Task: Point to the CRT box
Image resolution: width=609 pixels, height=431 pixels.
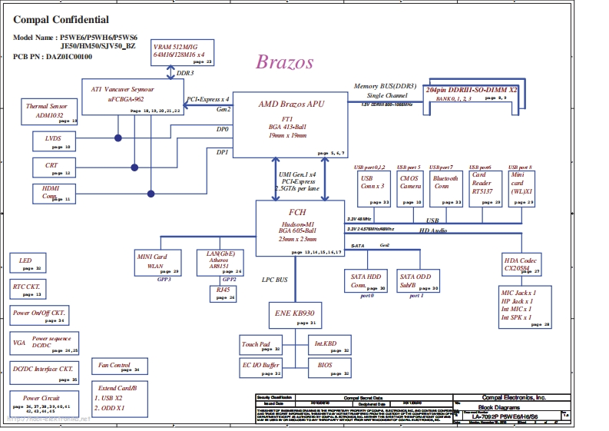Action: click(x=54, y=167)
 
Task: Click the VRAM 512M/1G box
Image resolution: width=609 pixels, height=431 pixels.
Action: click(x=182, y=52)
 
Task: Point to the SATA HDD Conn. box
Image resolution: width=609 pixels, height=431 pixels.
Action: click(x=367, y=280)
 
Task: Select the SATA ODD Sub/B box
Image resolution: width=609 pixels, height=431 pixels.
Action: click(x=419, y=280)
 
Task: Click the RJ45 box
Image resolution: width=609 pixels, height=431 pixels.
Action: click(x=223, y=293)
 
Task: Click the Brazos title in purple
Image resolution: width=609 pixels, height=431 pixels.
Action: click(x=284, y=62)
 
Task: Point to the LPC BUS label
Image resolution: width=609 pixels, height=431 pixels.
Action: click(x=274, y=280)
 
